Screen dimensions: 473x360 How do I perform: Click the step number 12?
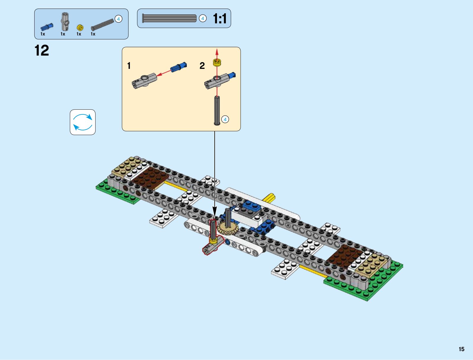coord(42,51)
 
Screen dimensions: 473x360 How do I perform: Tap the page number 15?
coord(461,349)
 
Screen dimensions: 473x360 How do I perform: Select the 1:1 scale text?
coord(220,19)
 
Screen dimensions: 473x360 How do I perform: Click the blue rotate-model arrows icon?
coord(82,122)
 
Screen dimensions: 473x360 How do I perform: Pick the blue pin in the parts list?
coord(47,27)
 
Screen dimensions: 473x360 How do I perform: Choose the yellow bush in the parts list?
coord(80,27)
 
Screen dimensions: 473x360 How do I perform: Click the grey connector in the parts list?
coord(65,22)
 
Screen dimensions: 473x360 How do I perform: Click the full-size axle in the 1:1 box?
coord(169,18)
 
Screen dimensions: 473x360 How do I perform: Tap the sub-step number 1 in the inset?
coord(129,66)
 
